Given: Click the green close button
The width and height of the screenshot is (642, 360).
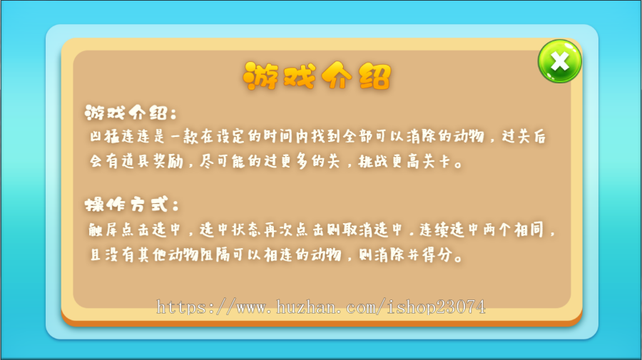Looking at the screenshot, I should (x=560, y=61).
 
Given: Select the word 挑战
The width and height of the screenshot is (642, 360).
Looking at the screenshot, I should (x=382, y=161).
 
